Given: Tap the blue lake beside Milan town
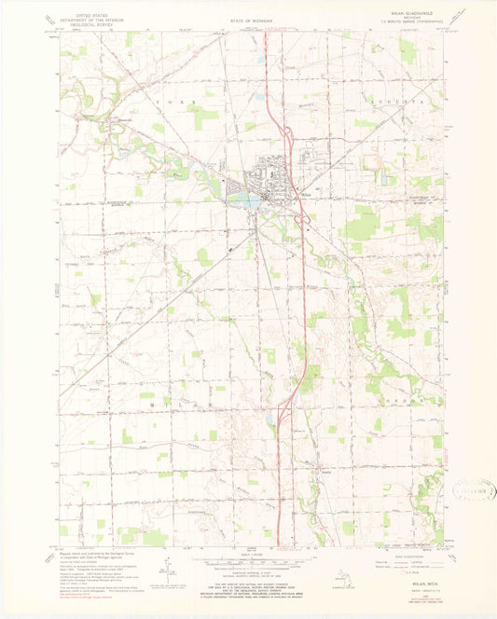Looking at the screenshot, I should coord(244,199).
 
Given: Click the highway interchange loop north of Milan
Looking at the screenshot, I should coord(290,144).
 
